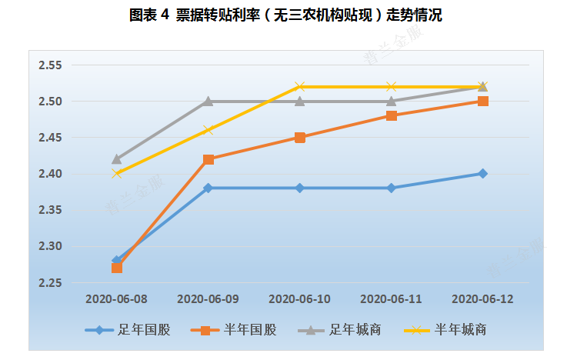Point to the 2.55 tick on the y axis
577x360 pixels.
coord(50,65)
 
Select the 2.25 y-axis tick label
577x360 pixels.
coord(50,283)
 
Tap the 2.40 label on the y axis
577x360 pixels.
coord(50,174)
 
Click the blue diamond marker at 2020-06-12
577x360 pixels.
coord(482,174)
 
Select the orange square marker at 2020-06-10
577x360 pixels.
coord(299,138)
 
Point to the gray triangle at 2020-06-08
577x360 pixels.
coord(116,159)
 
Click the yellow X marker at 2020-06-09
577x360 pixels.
coord(208,130)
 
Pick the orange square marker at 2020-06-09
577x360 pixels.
coord(208,159)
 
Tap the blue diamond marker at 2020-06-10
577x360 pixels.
coord(299,188)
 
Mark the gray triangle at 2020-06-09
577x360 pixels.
coord(208,101)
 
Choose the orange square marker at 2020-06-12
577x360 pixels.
coord(482,101)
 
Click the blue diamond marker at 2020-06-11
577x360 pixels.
coord(391,188)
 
